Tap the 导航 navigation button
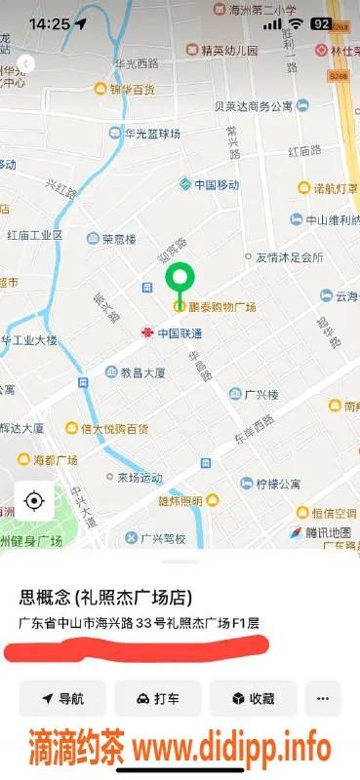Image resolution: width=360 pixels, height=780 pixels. click(61, 698)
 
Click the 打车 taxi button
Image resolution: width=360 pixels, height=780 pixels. click(157, 698)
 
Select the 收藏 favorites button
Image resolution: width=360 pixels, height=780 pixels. click(253, 698)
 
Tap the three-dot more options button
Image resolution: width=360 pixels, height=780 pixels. click(323, 698)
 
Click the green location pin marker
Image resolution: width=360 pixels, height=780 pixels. click(179, 281)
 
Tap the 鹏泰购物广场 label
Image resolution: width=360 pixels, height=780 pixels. click(221, 307)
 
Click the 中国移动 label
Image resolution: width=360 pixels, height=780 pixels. click(216, 184)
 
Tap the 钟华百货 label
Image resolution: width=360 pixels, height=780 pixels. click(131, 90)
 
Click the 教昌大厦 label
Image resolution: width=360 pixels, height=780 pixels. click(145, 371)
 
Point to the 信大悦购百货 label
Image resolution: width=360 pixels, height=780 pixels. click(114, 428)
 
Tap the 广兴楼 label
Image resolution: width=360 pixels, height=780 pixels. click(262, 394)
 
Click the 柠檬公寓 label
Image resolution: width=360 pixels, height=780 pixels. click(277, 483)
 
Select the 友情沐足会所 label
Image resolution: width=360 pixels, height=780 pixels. click(289, 258)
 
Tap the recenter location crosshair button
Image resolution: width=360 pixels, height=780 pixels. click(34, 501)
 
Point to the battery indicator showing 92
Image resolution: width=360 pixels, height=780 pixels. click(320, 23)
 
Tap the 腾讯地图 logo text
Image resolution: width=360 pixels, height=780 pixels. click(319, 532)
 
